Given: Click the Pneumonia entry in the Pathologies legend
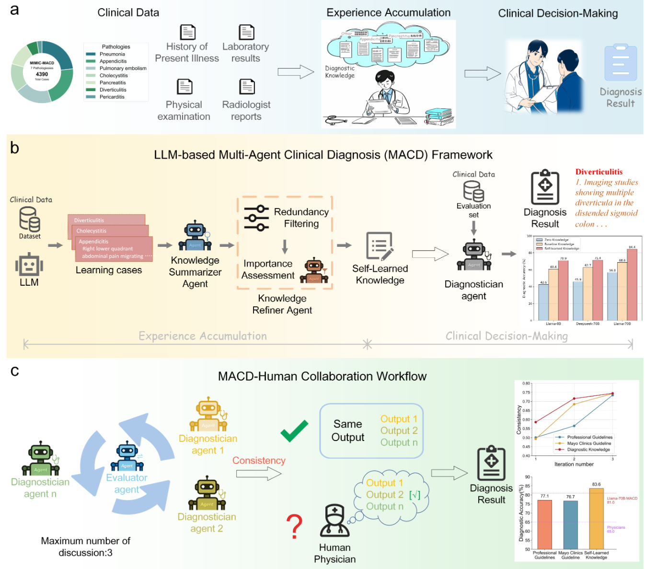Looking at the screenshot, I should coord(112,54).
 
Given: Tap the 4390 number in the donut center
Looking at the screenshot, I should coord(42,74).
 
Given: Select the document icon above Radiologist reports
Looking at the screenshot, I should coord(247,87).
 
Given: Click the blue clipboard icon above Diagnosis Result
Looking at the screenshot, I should coord(621,63).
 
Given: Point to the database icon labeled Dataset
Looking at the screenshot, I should coord(29,220).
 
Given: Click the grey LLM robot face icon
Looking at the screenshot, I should coord(29,264).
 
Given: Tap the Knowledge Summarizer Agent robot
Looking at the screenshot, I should coord(195,236).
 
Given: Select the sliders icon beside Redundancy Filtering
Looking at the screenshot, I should coord(256,218).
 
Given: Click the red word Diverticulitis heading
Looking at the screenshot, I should coord(599,172).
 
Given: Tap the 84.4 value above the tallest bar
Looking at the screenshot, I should coord(632,247).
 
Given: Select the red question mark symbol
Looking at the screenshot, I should coord(295,526).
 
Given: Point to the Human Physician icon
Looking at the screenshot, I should coord(334,521).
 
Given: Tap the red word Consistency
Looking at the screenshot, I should coord(259,461).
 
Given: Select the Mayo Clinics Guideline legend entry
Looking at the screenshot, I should coord(588,443).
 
